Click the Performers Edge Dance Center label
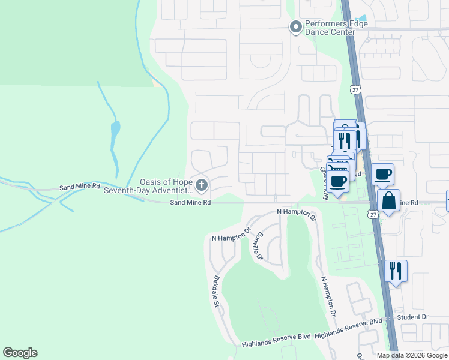pos(336,28)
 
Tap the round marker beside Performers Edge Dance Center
pos(295,27)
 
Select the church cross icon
pos(201,186)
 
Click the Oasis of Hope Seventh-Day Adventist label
pos(148,187)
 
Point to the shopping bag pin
pos(389,202)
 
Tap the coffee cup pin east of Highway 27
pos(382,175)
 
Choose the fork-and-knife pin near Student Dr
pos(396,271)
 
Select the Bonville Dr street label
pos(260,246)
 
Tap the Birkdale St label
pos(216,292)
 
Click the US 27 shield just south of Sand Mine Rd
pos(373,214)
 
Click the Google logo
pos(20,353)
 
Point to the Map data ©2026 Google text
pos(411,355)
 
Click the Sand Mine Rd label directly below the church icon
pos(190,203)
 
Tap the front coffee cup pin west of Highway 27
pos(338,181)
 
